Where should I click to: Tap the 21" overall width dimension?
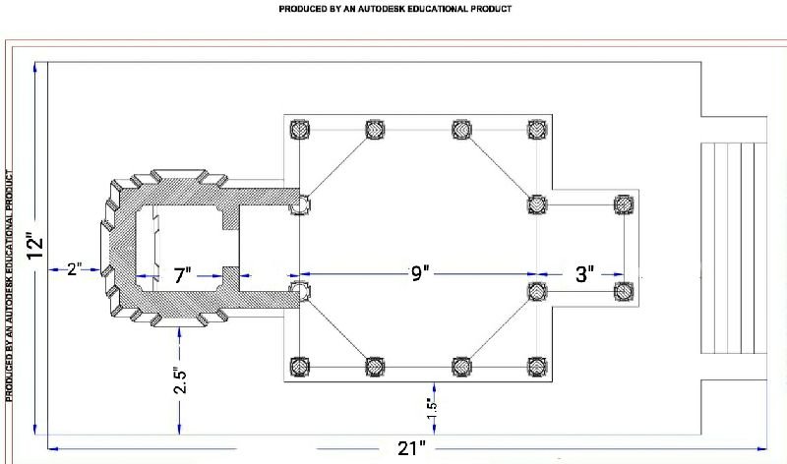click(411, 448)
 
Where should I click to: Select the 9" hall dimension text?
click(421, 274)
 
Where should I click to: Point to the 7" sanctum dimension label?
click(182, 276)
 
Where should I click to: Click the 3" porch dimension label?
click(584, 274)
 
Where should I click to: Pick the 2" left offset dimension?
click(74, 268)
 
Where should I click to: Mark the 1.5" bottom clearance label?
click(429, 403)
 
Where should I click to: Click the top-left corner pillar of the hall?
click(299, 129)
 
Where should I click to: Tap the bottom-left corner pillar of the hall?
click(299, 367)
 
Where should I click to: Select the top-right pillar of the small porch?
click(622, 204)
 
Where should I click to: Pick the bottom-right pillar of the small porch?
click(622, 291)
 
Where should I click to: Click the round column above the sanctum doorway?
click(300, 203)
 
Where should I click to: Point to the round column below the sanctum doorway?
click(300, 291)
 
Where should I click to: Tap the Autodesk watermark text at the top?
click(395, 9)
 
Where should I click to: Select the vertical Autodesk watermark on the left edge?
click(10, 285)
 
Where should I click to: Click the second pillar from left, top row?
click(374, 129)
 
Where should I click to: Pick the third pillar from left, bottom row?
click(460, 367)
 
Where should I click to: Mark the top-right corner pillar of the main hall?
click(536, 129)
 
